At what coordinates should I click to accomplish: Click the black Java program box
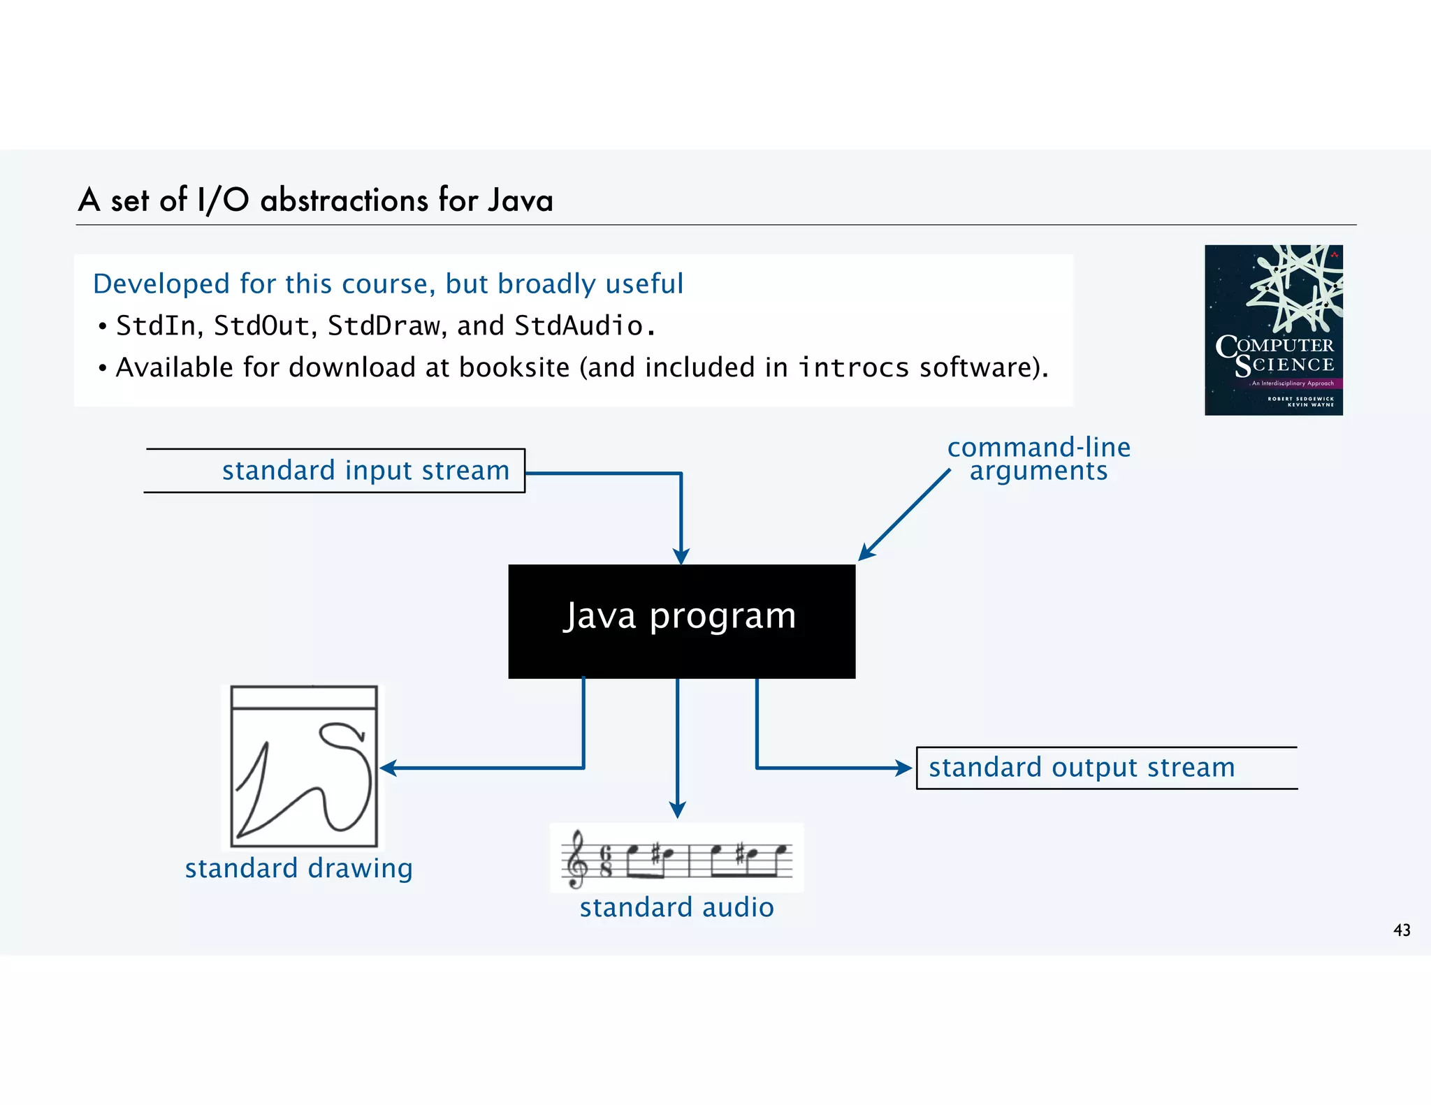pos(681,621)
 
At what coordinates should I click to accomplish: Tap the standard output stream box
pos(1106,768)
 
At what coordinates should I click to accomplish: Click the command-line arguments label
pos(1038,459)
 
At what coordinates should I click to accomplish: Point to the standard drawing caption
pos(298,868)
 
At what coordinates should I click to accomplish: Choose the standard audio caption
pos(676,907)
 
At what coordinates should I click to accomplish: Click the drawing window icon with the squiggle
pos(304,766)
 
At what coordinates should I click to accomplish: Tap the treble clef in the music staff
pos(576,858)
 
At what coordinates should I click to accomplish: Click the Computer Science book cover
pos(1273,330)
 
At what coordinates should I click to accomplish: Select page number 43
pos(1402,930)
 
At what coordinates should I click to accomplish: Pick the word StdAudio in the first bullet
pos(579,326)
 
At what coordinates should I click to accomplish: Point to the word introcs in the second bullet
pos(854,367)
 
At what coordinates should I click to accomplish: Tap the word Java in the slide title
pos(521,200)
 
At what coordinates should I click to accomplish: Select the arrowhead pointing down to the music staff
pos(677,810)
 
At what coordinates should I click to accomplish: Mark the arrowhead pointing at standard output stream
pos(905,768)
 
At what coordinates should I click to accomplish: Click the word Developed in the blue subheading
pos(161,284)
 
